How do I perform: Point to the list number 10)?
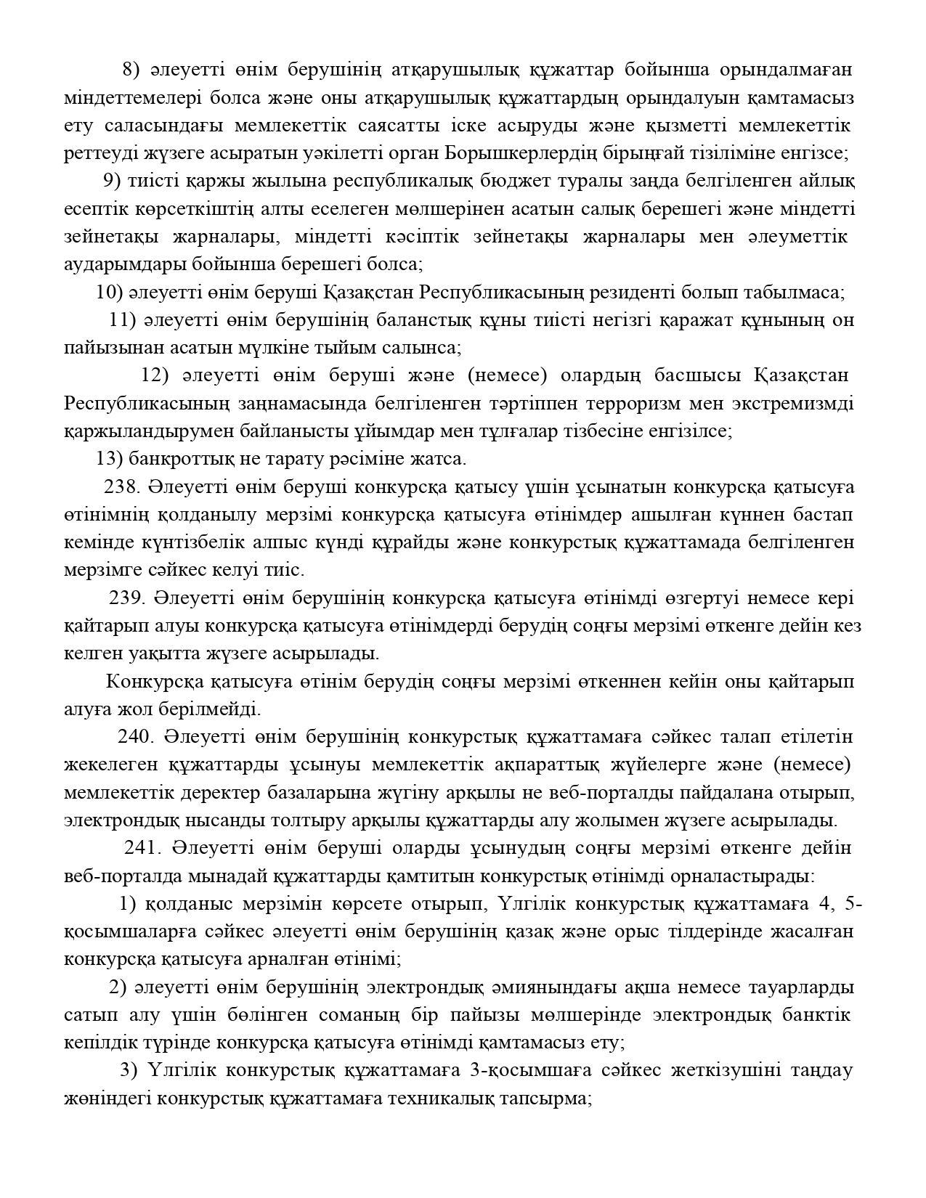[x=110, y=293]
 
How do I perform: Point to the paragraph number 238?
[x=121, y=486]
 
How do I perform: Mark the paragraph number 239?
[x=127, y=598]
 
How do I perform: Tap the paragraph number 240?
[x=135, y=737]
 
